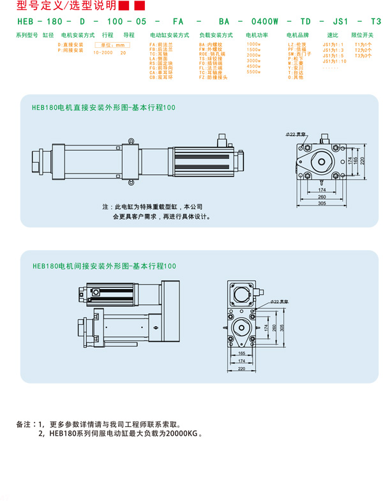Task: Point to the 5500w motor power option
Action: click(253, 71)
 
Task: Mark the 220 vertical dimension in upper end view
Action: click(362, 161)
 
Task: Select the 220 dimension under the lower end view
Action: click(241, 368)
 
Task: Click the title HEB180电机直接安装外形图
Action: click(103, 108)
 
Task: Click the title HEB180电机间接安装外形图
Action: click(103, 265)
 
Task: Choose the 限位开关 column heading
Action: click(362, 35)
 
